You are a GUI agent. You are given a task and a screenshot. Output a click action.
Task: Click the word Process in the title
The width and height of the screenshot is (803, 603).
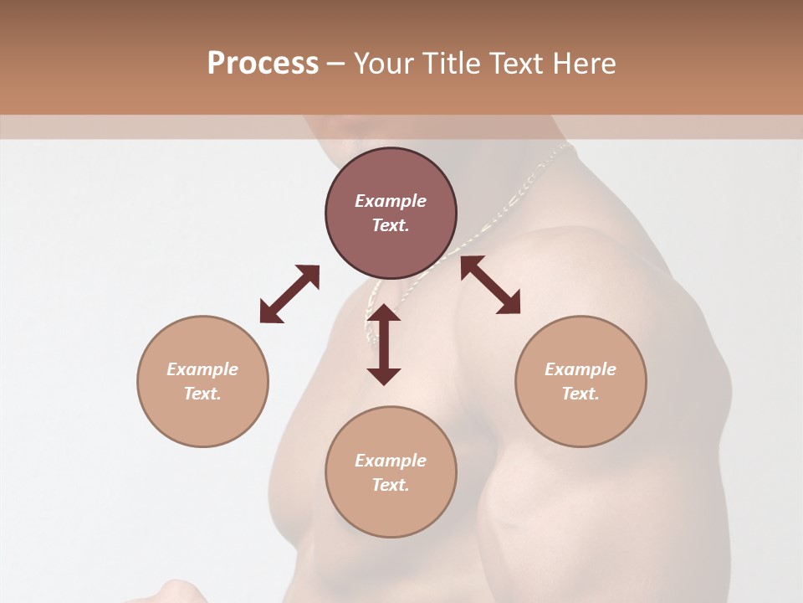click(x=263, y=64)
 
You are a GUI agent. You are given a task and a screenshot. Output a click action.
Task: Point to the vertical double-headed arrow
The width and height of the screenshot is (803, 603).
click(x=384, y=344)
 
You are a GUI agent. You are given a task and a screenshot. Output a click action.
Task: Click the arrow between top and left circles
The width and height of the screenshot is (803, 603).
click(x=289, y=294)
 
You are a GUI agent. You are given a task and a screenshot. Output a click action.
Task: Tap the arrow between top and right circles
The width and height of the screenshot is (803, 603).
click(x=491, y=285)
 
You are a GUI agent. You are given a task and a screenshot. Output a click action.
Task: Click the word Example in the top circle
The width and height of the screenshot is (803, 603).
click(x=391, y=201)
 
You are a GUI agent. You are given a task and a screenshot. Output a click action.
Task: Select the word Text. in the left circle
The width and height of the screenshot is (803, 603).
click(x=202, y=394)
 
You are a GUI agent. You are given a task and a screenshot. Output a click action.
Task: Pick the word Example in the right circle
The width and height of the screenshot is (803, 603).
click(x=581, y=369)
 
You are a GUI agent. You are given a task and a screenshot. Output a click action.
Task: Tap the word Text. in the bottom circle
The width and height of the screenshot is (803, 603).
click(x=391, y=485)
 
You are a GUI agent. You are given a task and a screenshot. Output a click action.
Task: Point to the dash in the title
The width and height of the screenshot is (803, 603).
click(x=335, y=64)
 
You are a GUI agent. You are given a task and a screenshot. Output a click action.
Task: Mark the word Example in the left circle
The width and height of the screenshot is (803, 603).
click(x=202, y=369)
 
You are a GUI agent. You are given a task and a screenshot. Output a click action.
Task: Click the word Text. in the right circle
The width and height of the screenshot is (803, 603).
click(x=581, y=394)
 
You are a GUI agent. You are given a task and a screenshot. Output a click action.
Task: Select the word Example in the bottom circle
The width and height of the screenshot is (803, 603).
click(x=391, y=461)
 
